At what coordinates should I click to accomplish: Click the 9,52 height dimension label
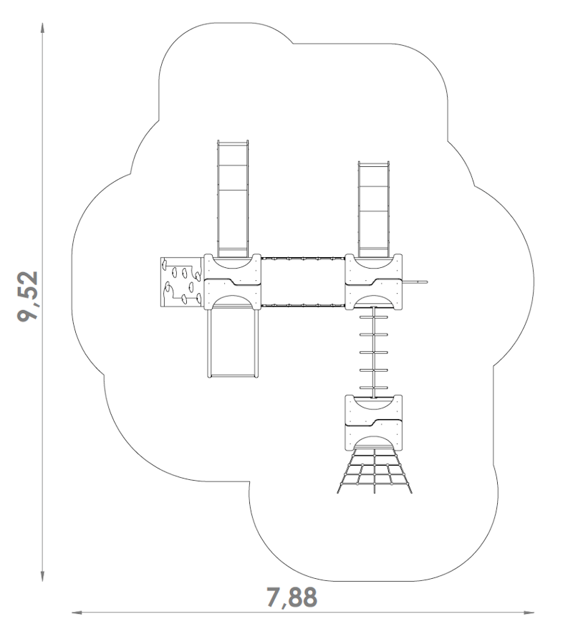(x=28, y=297)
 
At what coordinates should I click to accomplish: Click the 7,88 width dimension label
(x=292, y=597)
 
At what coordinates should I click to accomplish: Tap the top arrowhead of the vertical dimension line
(x=42, y=28)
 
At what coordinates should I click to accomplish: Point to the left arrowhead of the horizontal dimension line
(x=77, y=613)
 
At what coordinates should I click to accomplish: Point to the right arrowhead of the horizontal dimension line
(x=529, y=613)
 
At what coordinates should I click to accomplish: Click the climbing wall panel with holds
(x=181, y=282)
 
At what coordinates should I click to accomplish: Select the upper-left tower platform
(x=233, y=282)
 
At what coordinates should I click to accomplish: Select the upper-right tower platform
(x=374, y=282)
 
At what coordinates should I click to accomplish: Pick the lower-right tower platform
(x=374, y=423)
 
